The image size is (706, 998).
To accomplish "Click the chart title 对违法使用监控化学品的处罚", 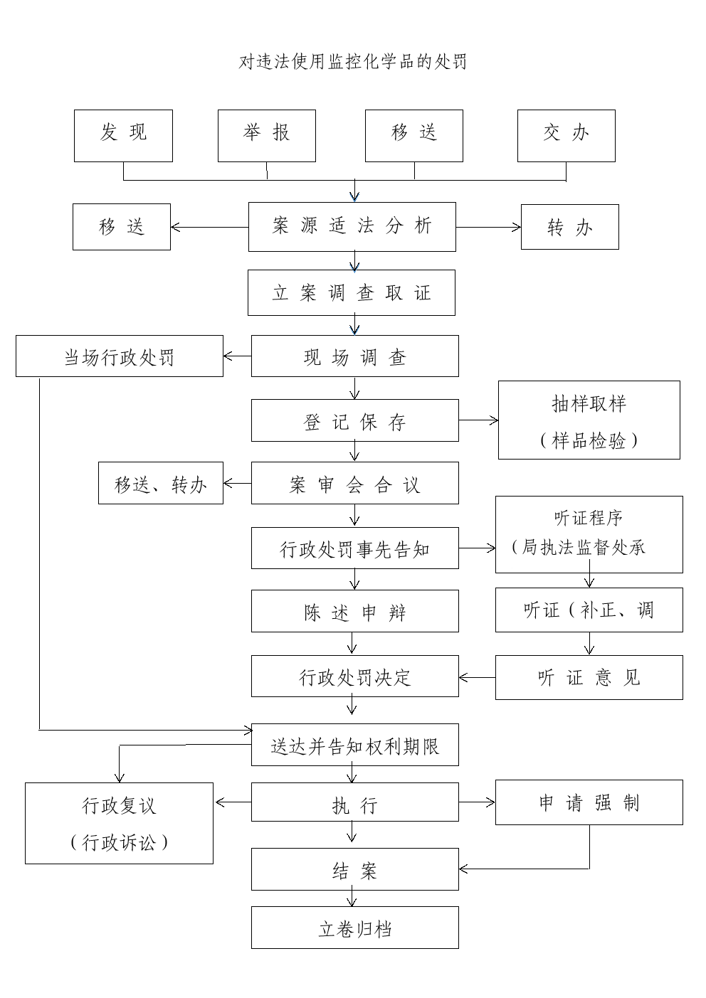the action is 352,61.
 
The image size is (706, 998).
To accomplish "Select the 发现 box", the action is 123,136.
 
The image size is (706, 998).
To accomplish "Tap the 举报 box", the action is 267,136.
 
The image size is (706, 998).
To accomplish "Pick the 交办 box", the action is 567,136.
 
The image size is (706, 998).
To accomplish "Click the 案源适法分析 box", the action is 352,227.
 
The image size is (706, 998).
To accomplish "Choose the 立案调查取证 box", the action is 352,293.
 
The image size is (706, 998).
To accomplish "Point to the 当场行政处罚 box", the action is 120,356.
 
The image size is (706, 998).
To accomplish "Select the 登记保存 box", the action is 355,420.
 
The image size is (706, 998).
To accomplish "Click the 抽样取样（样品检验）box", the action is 589,420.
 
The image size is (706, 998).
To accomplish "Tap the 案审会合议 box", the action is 355,483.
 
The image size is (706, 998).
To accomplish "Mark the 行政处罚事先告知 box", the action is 355,548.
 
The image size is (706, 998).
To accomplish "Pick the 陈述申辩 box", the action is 355,611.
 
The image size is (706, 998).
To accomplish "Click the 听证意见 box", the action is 589,677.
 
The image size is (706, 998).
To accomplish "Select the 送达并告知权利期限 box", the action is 355,745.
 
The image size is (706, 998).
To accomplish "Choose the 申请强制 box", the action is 589,802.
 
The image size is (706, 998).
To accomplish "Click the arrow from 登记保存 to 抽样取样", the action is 479,420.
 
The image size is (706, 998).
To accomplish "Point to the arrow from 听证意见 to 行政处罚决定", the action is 478,678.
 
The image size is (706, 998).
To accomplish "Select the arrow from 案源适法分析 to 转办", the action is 488,227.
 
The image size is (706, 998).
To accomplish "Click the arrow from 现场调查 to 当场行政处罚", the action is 237,356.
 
